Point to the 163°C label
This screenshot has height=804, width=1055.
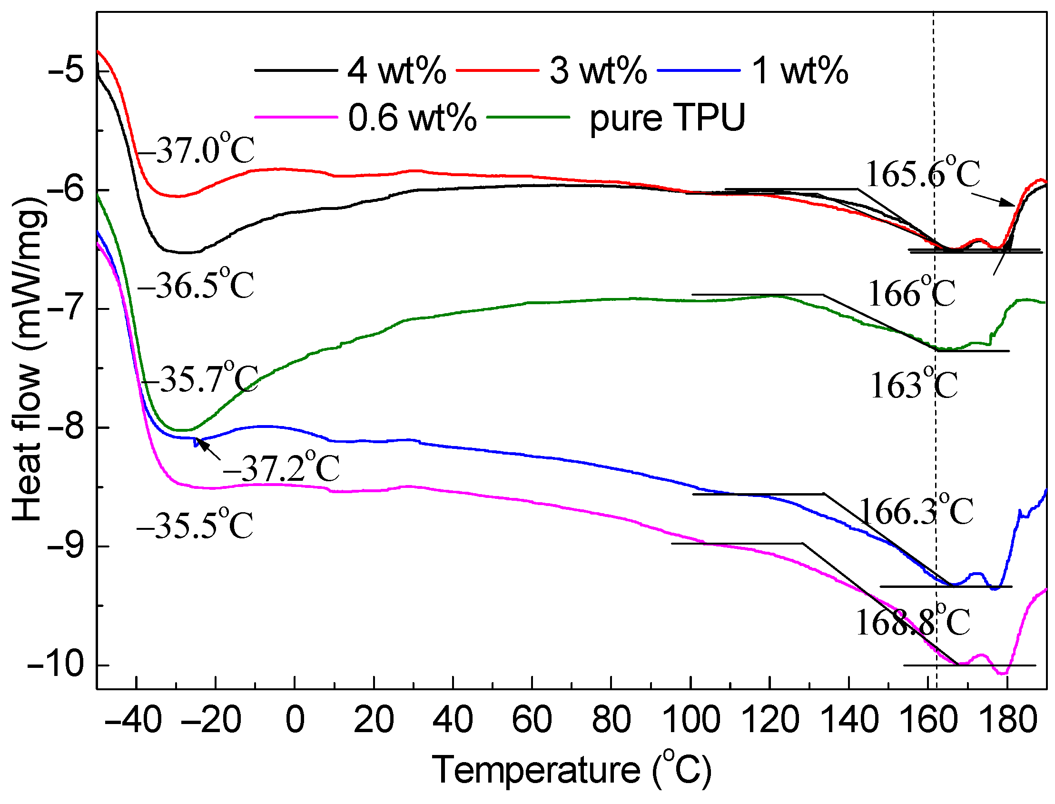[x=913, y=385]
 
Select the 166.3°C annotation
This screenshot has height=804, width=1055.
[x=916, y=511]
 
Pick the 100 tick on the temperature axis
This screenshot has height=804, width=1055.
[x=692, y=721]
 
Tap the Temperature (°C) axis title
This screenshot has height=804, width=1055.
[x=572, y=771]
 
